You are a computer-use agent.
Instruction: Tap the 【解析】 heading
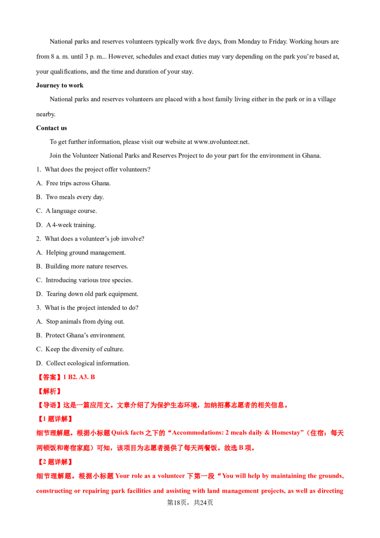pyautogui.click(x=49, y=392)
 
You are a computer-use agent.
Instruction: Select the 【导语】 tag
pyautogui.click(x=49, y=405)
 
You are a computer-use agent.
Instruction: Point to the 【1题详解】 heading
pyautogui.click(x=55, y=419)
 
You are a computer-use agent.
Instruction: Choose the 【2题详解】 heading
pyautogui.click(x=55, y=461)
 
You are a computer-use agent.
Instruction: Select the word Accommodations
pyautogui.click(x=194, y=433)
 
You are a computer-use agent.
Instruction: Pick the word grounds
pyautogui.click(x=329, y=476)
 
